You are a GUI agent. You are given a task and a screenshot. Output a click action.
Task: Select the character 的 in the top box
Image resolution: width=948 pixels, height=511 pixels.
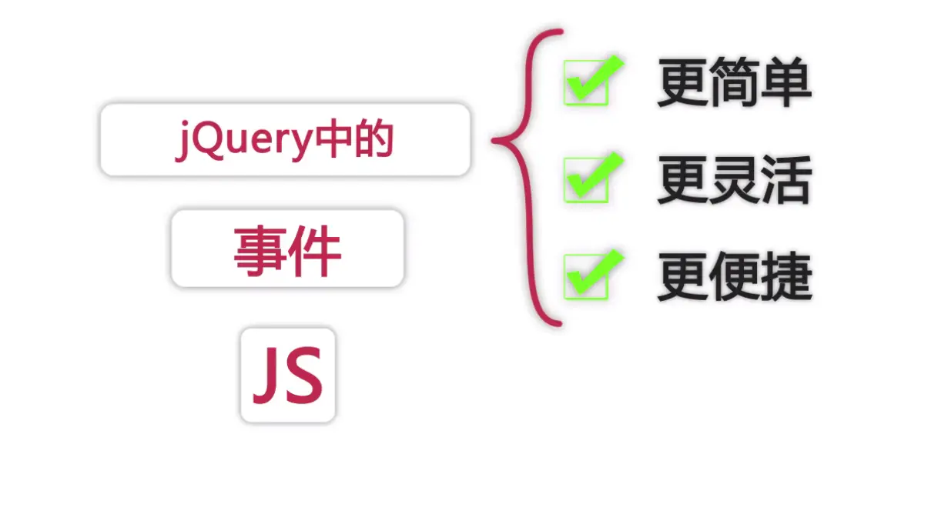[x=374, y=140]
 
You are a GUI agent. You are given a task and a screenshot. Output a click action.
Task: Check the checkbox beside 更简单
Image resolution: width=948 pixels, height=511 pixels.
[x=587, y=83]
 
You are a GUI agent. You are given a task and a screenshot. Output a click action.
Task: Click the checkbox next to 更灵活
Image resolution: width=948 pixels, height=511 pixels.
[x=587, y=180]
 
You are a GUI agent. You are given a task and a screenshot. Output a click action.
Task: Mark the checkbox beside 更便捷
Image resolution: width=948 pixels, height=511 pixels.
[x=587, y=276]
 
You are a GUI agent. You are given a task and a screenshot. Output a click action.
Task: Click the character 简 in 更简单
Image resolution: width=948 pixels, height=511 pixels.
[x=735, y=83]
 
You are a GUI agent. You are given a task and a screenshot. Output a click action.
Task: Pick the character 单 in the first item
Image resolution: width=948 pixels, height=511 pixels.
[x=786, y=83]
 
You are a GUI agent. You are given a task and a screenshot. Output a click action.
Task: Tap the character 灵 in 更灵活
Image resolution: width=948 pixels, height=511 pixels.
[x=735, y=180]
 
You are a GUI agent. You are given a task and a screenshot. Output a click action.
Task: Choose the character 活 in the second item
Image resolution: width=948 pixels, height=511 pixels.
[x=786, y=180]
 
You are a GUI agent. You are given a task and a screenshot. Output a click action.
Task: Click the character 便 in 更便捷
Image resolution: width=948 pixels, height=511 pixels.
[x=735, y=277]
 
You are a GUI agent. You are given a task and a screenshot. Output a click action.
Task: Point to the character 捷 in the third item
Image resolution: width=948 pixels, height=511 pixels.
[x=786, y=277]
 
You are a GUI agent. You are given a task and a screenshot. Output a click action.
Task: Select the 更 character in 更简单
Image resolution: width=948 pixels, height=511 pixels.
[x=683, y=83]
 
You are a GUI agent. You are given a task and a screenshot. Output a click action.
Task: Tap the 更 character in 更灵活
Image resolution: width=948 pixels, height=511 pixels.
[x=683, y=180]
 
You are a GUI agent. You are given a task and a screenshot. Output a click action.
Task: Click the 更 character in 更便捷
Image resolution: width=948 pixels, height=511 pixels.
[x=683, y=277]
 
